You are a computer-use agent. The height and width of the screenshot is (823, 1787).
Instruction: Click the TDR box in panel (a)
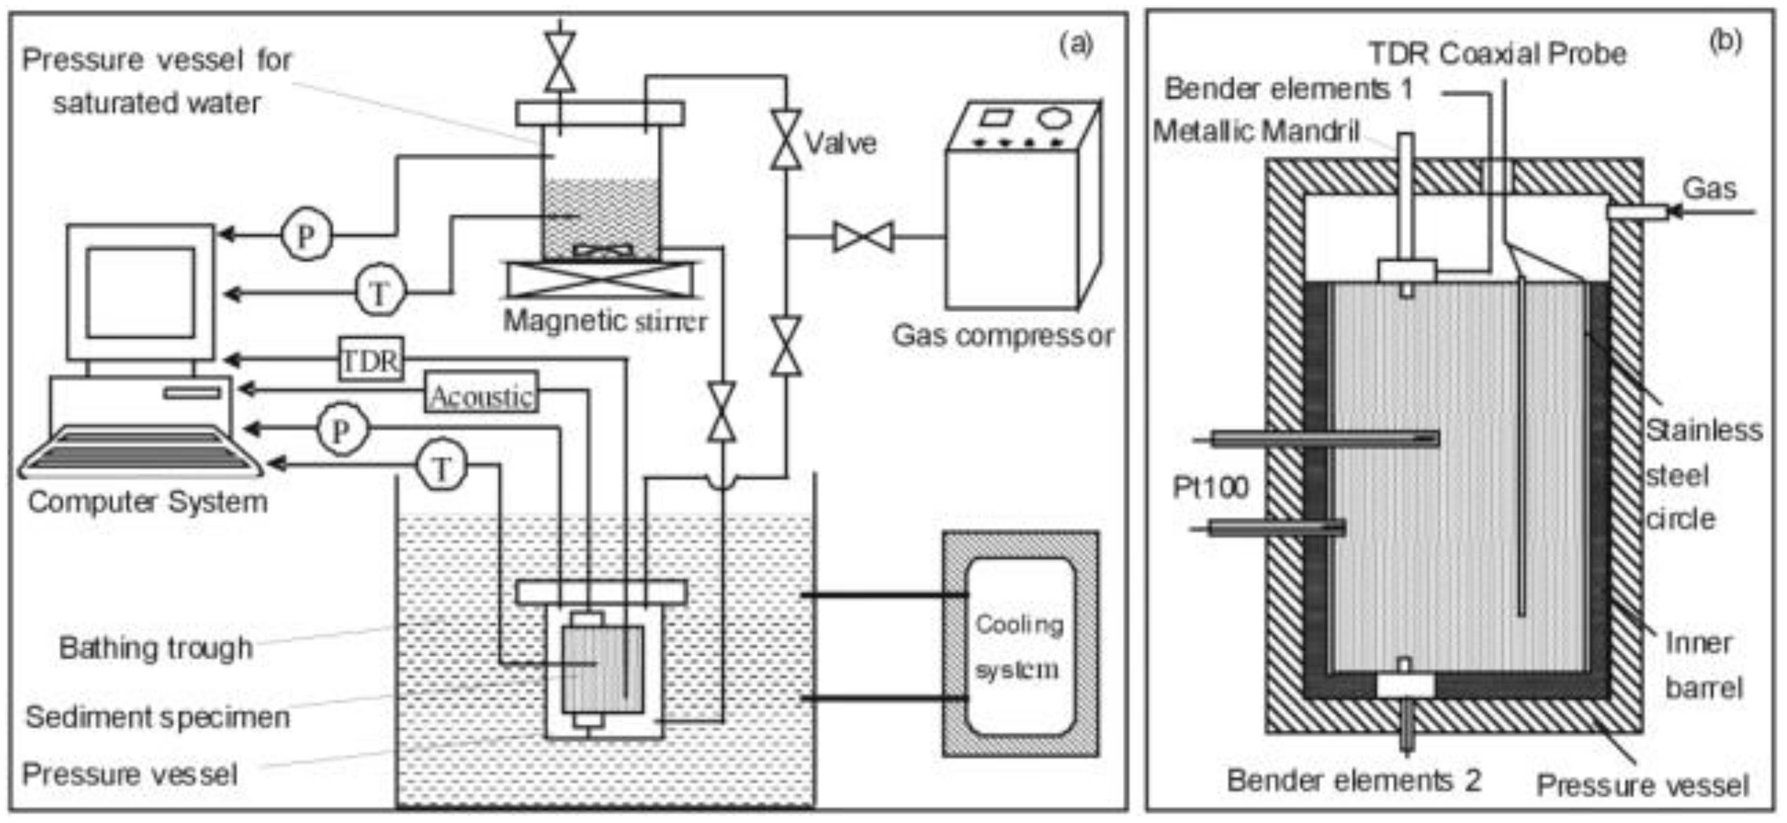(x=371, y=359)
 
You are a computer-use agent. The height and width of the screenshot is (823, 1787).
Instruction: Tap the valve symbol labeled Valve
(x=785, y=139)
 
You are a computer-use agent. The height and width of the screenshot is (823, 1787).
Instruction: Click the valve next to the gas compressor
(x=863, y=237)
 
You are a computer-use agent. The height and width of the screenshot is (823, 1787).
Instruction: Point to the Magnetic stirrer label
(x=605, y=321)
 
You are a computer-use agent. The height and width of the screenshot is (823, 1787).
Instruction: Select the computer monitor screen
(x=140, y=292)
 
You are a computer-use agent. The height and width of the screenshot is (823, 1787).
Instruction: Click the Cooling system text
(x=1019, y=647)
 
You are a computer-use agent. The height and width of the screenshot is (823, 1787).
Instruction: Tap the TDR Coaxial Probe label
(x=1497, y=54)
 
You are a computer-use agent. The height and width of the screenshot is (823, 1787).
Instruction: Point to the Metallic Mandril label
(x=1256, y=130)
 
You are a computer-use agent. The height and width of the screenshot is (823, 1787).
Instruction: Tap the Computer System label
(x=148, y=502)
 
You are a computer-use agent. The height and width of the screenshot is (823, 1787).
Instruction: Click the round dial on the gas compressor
(x=1053, y=117)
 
